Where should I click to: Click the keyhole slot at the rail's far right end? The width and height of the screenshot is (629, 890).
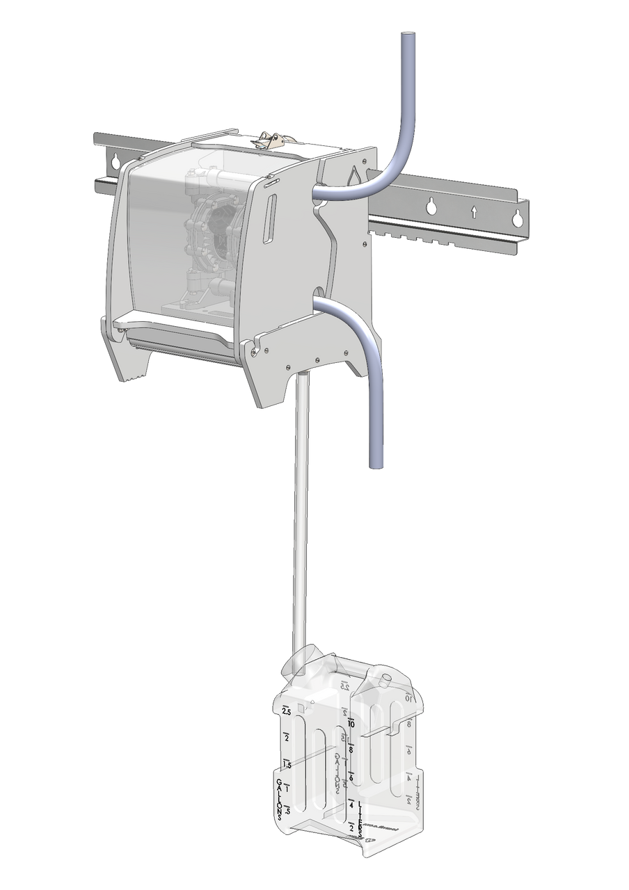(x=517, y=218)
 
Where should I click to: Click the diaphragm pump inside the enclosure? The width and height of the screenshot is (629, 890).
(x=213, y=229)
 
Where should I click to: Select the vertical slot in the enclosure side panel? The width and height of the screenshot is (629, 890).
(x=271, y=219)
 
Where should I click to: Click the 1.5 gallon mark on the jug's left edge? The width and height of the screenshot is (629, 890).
(x=286, y=764)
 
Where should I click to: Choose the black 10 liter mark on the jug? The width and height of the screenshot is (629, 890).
(x=351, y=724)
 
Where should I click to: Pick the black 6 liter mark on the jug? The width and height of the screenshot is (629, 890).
(x=351, y=777)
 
